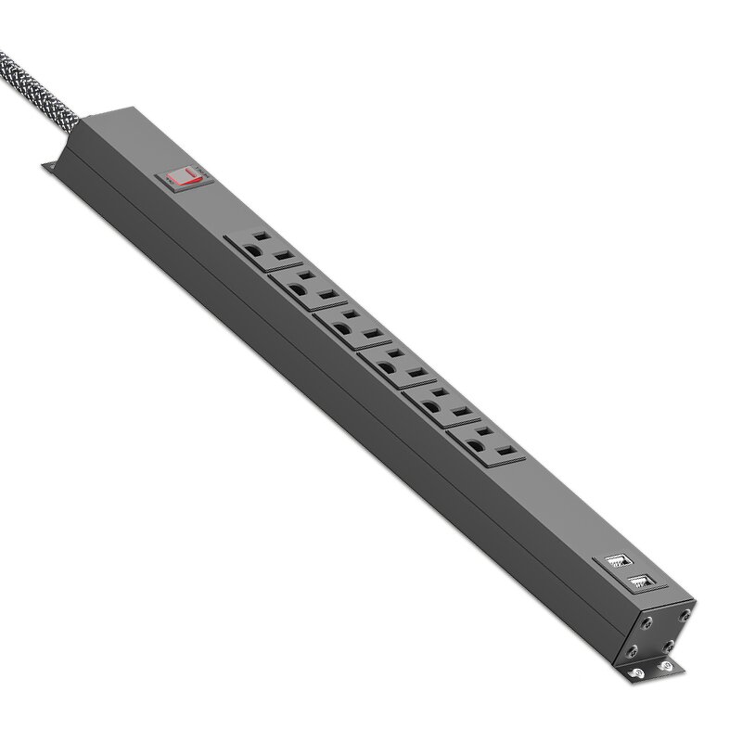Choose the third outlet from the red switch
(x=350, y=326)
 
